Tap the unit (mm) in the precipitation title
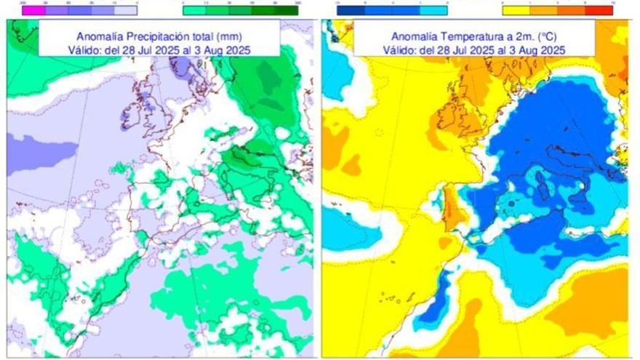coord(249,36)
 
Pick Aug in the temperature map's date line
coord(536,49)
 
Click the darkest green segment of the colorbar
coord(289,10)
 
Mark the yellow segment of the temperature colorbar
coord(513,10)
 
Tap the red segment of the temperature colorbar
coord(602,10)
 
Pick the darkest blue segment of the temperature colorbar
coord(345,10)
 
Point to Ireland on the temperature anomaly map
coord(446,116)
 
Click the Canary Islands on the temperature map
coord(389,297)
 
